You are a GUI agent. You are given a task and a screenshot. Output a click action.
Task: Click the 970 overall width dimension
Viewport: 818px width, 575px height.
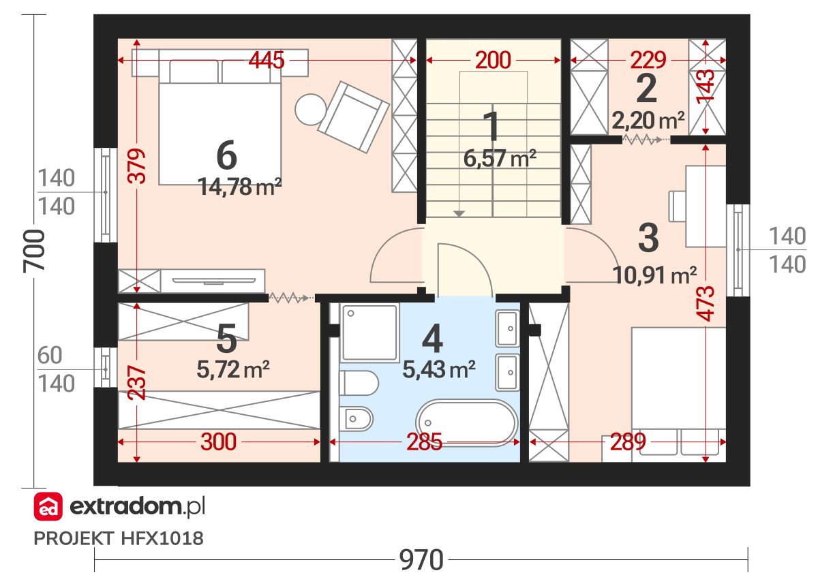(x=421, y=559)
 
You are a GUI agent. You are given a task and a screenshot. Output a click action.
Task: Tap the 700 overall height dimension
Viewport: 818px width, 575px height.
(x=34, y=251)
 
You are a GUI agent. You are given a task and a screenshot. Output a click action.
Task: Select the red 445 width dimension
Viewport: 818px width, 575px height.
(x=267, y=60)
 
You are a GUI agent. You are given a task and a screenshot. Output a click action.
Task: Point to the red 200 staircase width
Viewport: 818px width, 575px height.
(x=493, y=60)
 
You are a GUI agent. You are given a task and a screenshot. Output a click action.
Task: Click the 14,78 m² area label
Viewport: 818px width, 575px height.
(x=239, y=187)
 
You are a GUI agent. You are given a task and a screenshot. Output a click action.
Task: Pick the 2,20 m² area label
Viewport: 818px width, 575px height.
(x=648, y=121)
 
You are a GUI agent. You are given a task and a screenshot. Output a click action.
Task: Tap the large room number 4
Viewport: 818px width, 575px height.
(x=433, y=339)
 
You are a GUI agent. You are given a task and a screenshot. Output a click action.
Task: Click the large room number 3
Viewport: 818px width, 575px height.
(x=648, y=238)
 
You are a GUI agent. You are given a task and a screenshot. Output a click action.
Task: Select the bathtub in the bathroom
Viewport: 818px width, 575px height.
(x=467, y=424)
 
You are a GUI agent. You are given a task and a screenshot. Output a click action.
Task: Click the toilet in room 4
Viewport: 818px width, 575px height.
(x=359, y=383)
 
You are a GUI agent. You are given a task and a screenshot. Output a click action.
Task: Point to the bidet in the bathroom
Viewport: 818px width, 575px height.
(x=356, y=419)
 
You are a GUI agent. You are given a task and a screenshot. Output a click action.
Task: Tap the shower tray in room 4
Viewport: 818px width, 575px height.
(x=369, y=332)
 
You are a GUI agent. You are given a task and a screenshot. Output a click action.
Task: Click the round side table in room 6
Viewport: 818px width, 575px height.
(x=311, y=110)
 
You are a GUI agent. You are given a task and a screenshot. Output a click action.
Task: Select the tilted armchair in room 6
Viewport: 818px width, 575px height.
(x=354, y=116)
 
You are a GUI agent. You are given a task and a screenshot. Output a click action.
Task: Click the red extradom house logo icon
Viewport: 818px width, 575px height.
(x=48, y=506)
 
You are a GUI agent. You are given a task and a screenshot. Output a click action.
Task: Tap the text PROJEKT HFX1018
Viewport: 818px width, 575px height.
(x=119, y=538)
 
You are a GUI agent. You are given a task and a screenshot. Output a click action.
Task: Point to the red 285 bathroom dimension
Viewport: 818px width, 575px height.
(x=424, y=441)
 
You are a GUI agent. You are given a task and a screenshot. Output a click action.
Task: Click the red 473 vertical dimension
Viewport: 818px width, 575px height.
(x=705, y=303)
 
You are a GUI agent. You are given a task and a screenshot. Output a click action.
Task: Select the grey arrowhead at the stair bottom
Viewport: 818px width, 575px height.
(x=459, y=213)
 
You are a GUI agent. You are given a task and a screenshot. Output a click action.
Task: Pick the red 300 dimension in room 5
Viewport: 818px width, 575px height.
(x=218, y=441)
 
